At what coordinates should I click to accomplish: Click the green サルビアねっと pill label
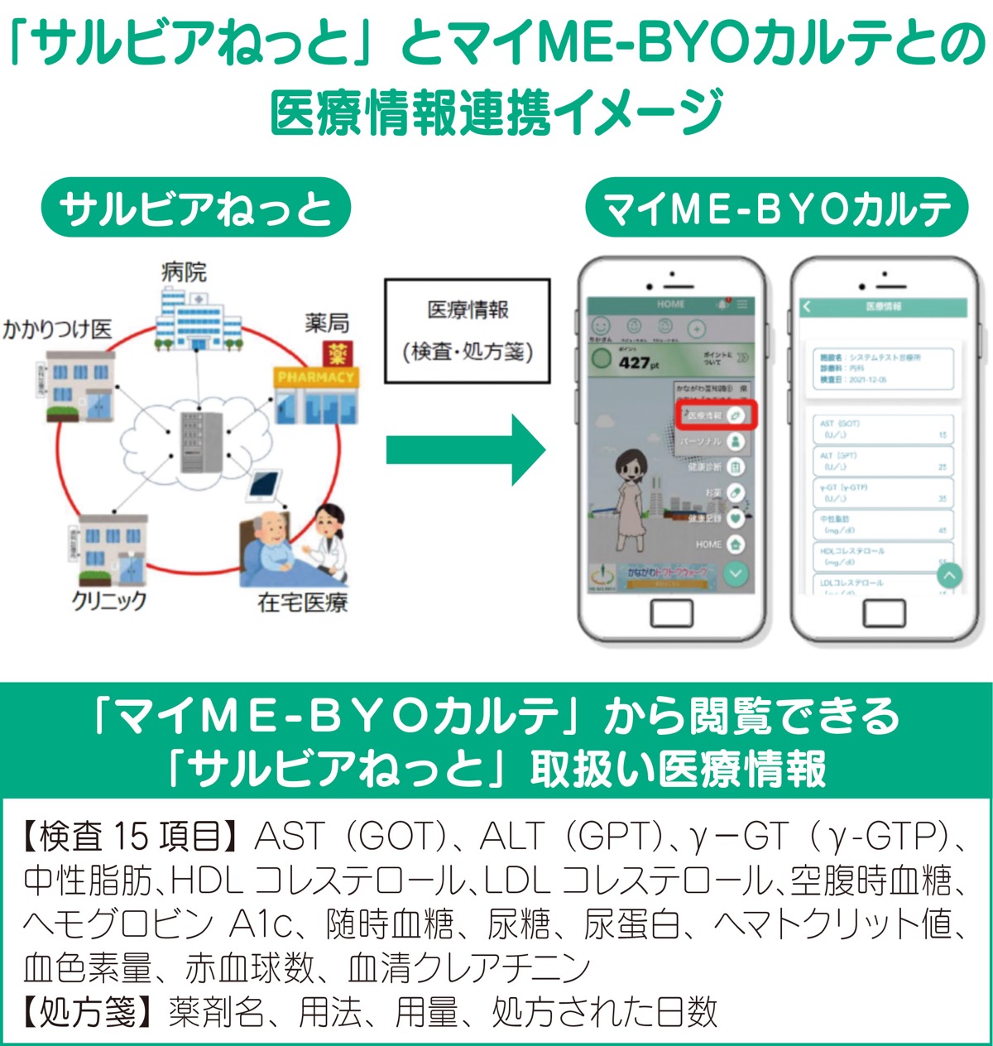tap(196, 208)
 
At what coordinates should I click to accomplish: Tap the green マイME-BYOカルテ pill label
tap(776, 208)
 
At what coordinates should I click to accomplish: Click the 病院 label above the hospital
tap(184, 272)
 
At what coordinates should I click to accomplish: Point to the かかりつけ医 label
tap(56, 329)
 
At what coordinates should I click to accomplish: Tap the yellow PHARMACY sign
tap(315, 377)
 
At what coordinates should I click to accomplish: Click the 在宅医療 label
tap(302, 602)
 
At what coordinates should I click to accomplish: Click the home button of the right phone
tap(885, 613)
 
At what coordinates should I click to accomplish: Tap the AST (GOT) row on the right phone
tap(883, 429)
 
